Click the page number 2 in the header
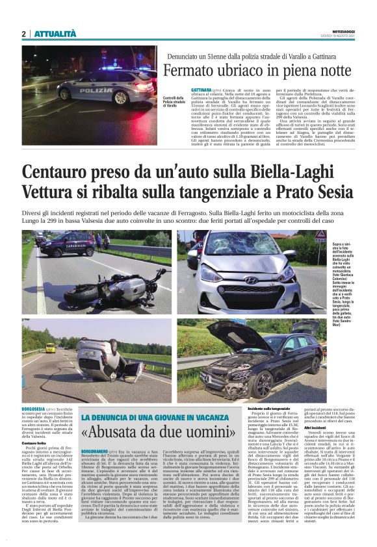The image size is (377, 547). (23, 34)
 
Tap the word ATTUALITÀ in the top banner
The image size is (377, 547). (55, 34)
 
